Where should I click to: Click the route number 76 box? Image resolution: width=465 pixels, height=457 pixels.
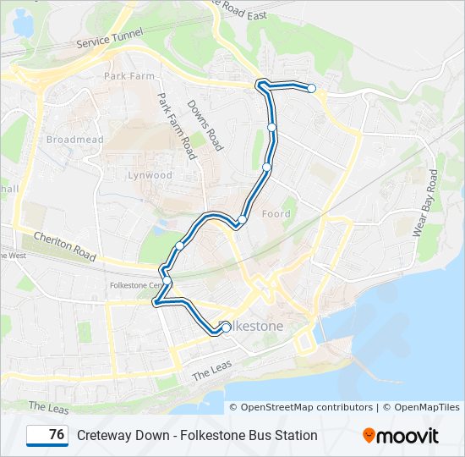(47, 435)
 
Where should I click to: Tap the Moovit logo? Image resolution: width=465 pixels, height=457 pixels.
(401, 436)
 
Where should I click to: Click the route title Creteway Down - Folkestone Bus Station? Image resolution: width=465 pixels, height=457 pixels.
(197, 436)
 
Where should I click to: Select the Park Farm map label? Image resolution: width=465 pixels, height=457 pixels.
(129, 76)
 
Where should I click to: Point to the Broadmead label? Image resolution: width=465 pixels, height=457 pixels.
(74, 140)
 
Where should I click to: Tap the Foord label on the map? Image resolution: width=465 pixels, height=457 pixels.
(276, 214)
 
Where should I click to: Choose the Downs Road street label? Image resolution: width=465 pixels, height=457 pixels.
(205, 125)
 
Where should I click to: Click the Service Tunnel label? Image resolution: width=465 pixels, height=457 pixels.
(110, 36)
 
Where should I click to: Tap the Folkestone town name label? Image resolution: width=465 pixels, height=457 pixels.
(258, 326)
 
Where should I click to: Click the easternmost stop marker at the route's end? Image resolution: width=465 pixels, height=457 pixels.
(311, 88)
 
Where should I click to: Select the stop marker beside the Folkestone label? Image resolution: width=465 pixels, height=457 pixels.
(226, 328)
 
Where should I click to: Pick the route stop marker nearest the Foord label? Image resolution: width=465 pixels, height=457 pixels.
(242, 220)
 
